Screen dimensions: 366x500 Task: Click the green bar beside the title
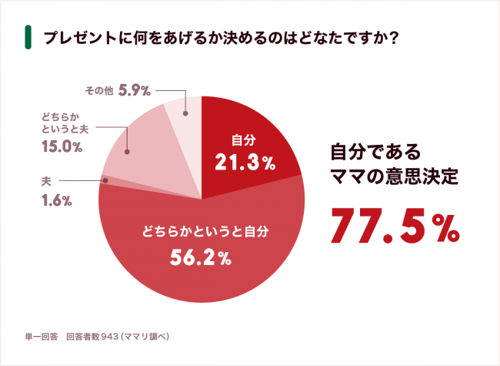[x=27, y=37]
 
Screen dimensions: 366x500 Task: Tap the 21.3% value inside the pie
[x=244, y=163]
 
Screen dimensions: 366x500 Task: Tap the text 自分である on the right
[x=369, y=149]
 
